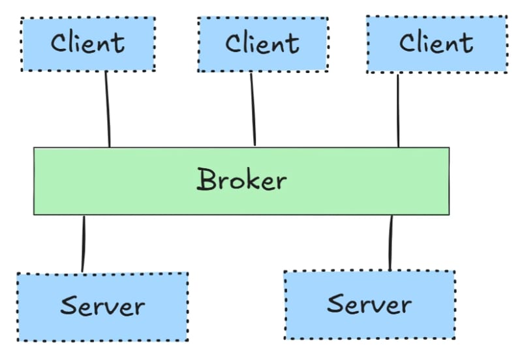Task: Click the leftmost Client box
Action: click(x=88, y=44)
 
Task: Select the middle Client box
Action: click(x=262, y=44)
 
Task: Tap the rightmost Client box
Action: click(x=437, y=44)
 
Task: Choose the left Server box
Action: click(x=102, y=307)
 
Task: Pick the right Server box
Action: click(x=369, y=305)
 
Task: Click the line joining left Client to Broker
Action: click(x=108, y=110)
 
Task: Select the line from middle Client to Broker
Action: click(x=253, y=110)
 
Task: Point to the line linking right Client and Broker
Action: click(x=397, y=111)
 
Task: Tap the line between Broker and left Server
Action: click(x=84, y=243)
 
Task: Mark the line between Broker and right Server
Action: click(x=391, y=243)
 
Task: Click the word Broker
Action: click(x=241, y=180)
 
